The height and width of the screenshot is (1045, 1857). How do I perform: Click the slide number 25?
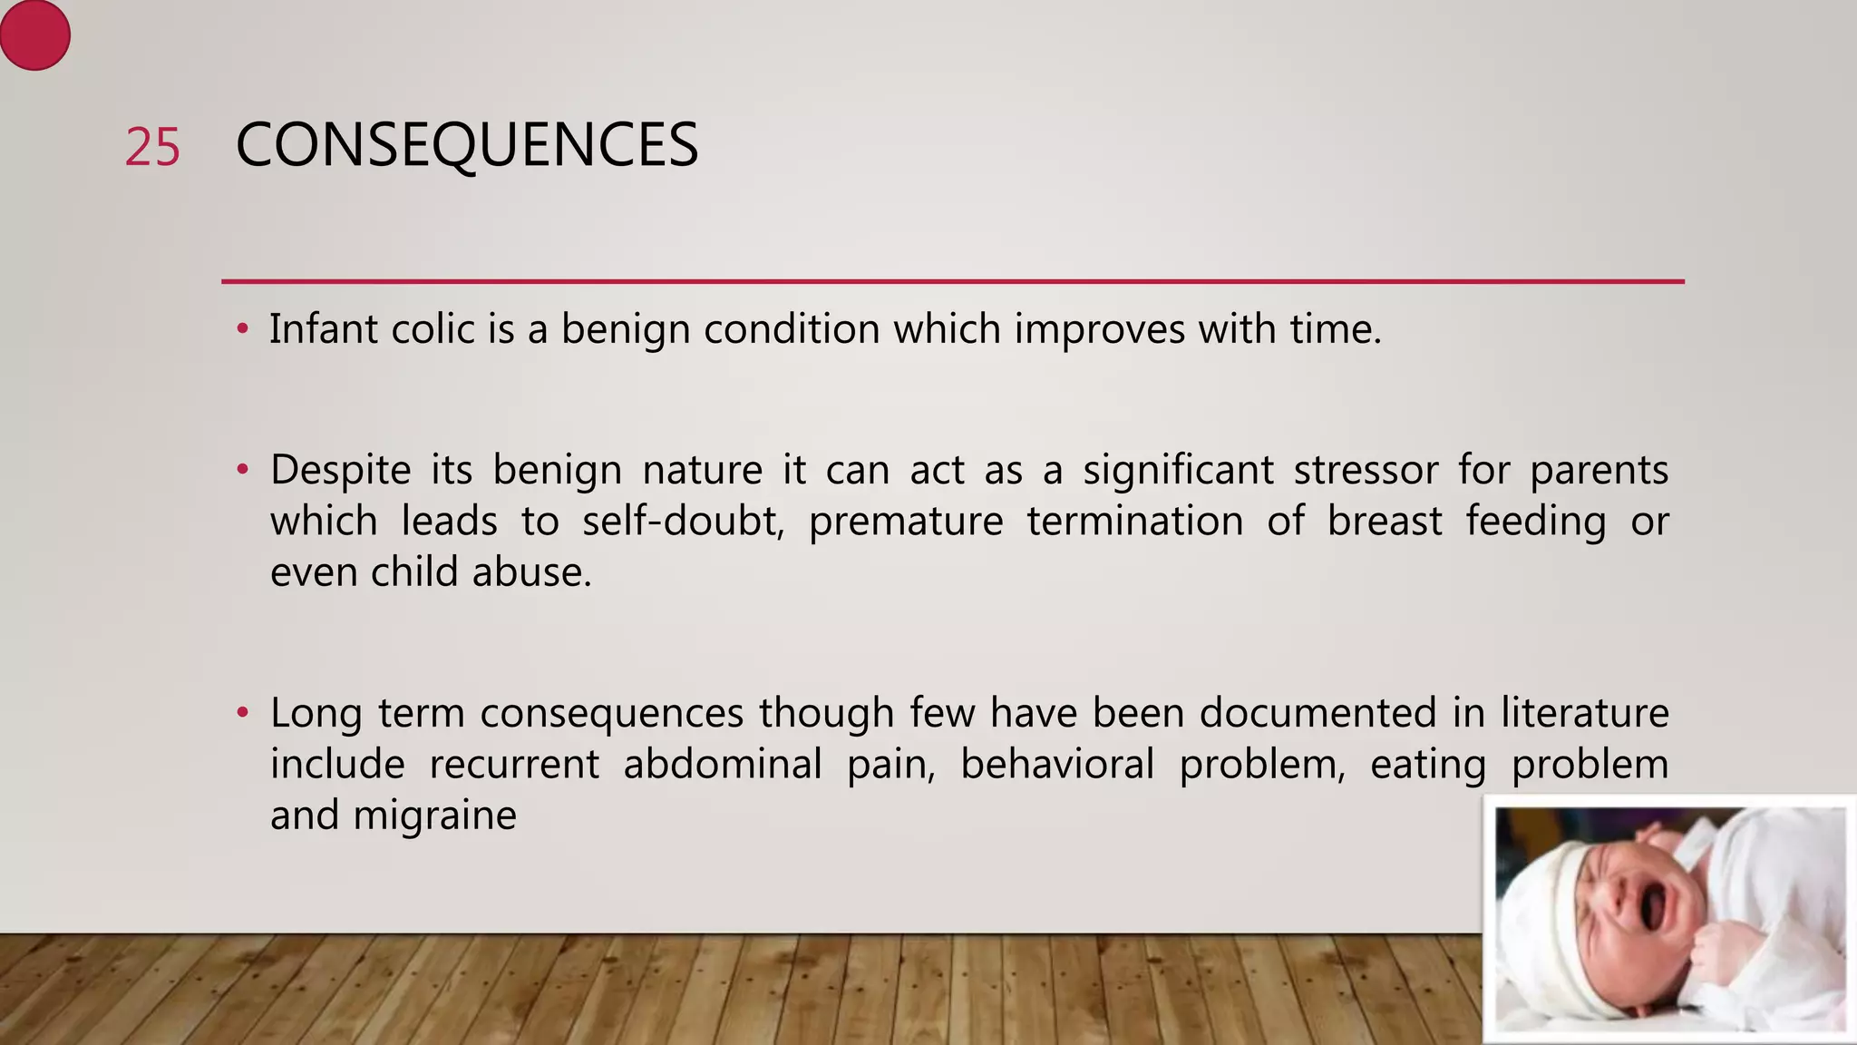(152, 147)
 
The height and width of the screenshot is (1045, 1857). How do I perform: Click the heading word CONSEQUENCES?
(466, 145)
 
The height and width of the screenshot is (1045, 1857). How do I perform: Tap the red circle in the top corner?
(34, 35)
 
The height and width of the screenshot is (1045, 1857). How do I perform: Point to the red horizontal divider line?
(952, 281)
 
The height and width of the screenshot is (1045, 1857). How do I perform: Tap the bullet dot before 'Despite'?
(242, 471)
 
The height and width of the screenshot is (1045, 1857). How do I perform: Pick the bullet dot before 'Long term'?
(242, 713)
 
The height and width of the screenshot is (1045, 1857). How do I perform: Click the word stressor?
(1366, 470)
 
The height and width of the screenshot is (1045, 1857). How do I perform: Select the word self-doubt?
(683, 522)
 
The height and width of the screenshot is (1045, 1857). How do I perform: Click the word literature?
(1584, 713)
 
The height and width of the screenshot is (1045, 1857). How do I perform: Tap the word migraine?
(434, 815)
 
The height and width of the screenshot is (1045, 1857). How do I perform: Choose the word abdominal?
(722, 764)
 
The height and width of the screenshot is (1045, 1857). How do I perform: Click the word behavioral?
(1056, 764)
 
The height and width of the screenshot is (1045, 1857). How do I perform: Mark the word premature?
(905, 522)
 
